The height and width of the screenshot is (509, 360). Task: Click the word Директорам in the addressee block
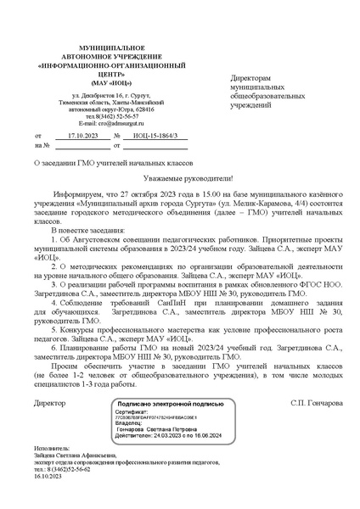pyautogui.click(x=256, y=77)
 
